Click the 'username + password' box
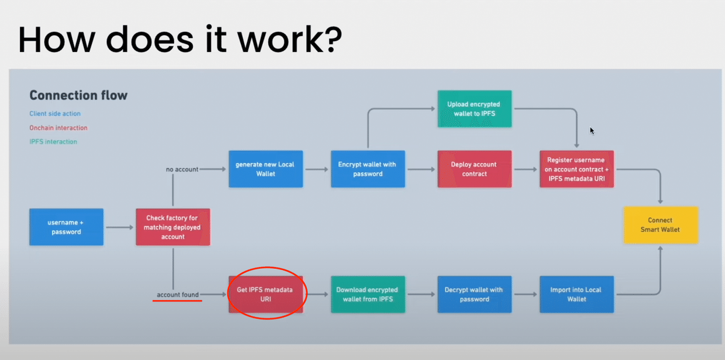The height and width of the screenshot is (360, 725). point(66,227)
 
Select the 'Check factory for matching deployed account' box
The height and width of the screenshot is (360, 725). point(173,227)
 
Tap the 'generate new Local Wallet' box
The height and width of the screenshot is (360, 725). point(266,169)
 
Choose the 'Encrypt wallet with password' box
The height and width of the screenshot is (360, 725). point(368,169)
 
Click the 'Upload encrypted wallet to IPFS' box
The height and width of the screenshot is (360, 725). point(474,109)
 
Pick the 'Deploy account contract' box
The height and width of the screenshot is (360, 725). point(474,169)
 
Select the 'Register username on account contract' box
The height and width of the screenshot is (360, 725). point(576,169)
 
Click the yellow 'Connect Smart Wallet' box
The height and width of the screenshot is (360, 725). point(661,225)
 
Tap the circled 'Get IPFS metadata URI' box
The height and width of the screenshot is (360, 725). point(266,294)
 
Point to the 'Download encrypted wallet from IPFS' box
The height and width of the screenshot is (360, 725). point(368,294)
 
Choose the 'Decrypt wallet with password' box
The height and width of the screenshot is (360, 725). point(474,294)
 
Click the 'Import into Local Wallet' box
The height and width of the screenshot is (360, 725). point(576,294)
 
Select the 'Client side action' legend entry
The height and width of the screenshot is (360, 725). point(55,114)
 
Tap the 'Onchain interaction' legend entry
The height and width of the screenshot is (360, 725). point(58,128)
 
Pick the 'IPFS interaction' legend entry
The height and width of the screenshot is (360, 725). point(53,142)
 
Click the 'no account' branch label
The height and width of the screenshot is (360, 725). point(182,169)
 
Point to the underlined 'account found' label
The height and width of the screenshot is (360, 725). point(178,295)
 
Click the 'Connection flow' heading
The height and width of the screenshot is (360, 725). point(79,95)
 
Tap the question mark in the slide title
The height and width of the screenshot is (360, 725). point(332,39)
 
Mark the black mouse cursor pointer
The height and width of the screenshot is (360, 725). point(592,130)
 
